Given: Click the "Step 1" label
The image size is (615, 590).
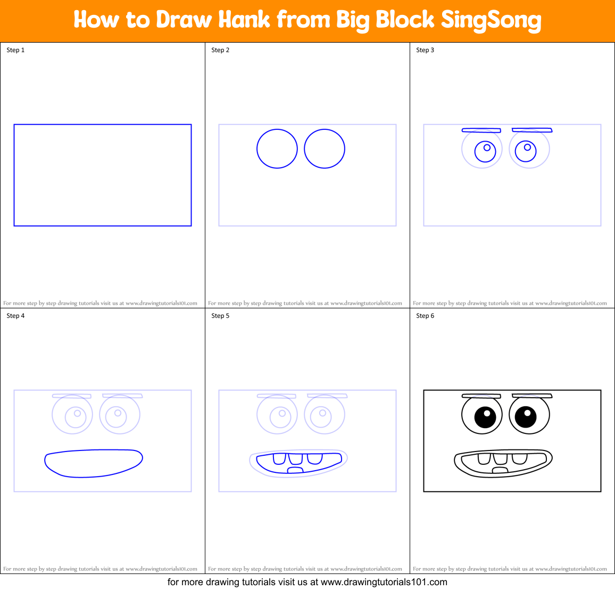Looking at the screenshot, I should pos(15,50).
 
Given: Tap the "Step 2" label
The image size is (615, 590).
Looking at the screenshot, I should pos(220,50).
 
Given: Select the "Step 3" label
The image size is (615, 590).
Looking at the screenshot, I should pos(425,50).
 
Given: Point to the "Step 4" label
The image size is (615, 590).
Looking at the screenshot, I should pos(15,316).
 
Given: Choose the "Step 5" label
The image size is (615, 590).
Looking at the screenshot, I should pos(220,316).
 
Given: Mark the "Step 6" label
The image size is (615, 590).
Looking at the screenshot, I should pos(425,316).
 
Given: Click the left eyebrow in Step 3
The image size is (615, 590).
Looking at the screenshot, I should pos(481,130).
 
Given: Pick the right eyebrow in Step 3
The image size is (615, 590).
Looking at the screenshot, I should pos(532,130).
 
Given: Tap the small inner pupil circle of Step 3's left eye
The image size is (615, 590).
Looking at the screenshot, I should pos(487,147).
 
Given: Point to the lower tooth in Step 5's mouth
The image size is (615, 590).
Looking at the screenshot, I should pos(295,470).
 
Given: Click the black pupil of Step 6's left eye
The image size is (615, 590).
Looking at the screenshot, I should pos(485,417).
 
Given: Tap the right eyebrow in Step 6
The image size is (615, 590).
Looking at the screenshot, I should pos(532,396).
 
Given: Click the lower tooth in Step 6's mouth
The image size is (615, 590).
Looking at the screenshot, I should pos(500,470).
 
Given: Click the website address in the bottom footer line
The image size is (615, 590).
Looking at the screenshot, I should pos(384,582).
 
